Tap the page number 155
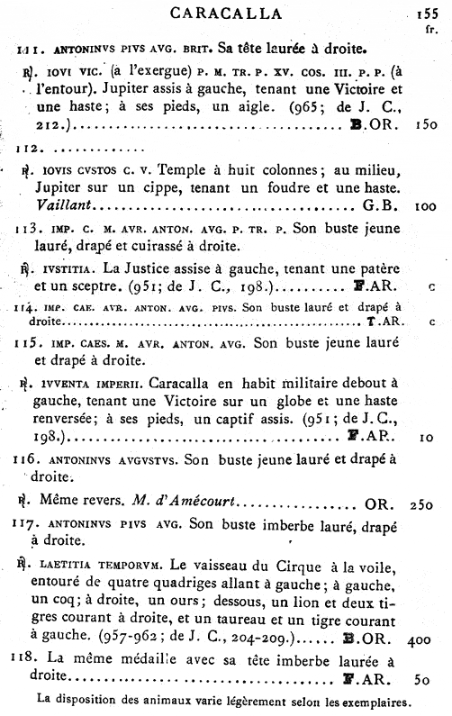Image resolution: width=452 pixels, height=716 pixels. [428, 14]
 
